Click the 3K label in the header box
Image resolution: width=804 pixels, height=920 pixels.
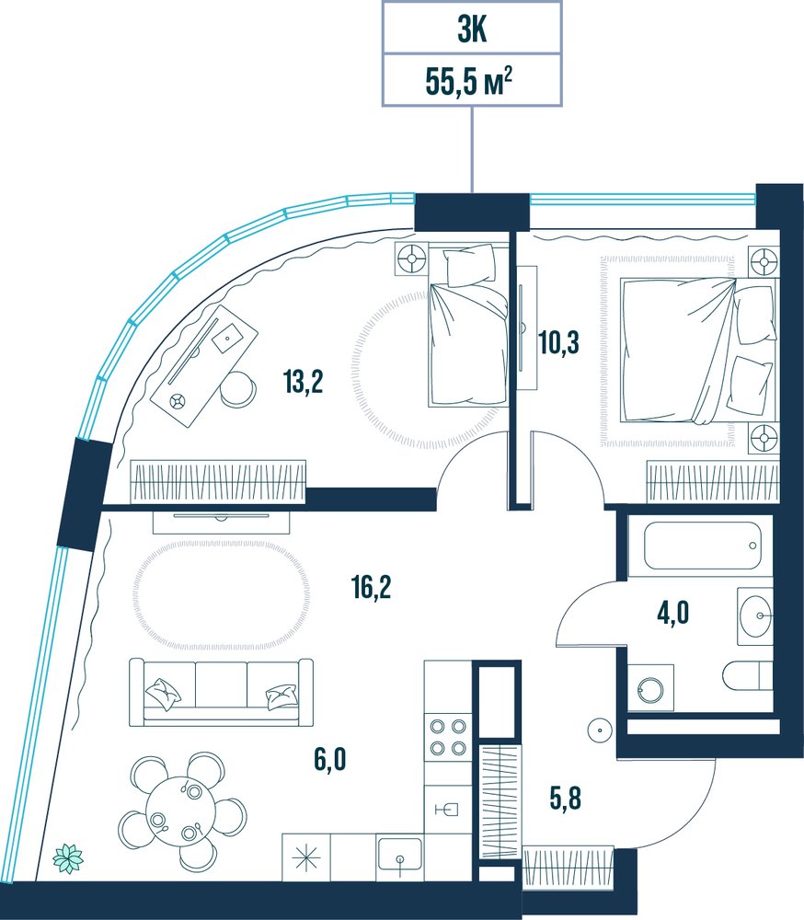point(472,30)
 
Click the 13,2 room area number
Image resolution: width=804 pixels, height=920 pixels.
point(303,382)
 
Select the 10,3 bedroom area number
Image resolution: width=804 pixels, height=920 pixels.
point(558,342)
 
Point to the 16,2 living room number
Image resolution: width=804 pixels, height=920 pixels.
point(372,587)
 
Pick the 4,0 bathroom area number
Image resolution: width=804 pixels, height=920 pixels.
point(672,614)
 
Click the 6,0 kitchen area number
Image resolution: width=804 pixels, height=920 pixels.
point(330,759)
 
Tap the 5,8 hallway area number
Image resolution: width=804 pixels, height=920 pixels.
point(565,799)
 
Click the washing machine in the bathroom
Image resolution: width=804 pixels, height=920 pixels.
point(650,687)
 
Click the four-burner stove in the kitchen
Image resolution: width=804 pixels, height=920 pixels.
point(448,738)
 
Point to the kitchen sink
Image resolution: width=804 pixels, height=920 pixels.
point(399,854)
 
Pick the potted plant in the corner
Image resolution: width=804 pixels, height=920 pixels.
point(68,859)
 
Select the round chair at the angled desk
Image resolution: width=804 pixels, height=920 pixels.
point(237,389)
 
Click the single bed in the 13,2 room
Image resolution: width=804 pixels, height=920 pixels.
point(468,326)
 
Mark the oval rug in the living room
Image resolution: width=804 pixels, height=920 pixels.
point(222,594)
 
